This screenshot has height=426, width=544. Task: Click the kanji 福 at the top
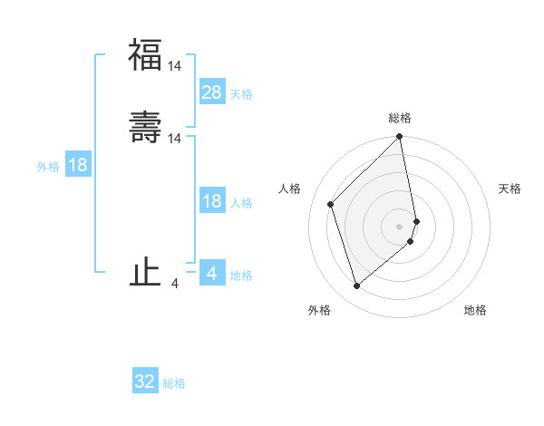145,54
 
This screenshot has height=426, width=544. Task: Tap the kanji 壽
145,127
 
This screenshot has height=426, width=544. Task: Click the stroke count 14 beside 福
175,65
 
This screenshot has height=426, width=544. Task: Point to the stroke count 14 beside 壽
175,138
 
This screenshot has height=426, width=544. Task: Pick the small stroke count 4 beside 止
175,284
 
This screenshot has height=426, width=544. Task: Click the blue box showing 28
212,92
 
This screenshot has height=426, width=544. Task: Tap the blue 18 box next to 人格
212,201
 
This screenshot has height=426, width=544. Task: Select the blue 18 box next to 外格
78,165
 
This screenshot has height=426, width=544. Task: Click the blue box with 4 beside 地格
212,273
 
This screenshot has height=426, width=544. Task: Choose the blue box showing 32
145,382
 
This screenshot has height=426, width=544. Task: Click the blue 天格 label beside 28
241,93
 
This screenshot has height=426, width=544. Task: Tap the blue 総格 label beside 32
174,383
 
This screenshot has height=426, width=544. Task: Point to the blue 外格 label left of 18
48,167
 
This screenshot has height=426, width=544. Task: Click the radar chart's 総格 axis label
400,118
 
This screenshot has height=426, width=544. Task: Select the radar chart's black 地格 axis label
475,310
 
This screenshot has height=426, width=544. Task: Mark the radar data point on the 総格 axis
400,138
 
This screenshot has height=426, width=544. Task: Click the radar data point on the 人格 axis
331,204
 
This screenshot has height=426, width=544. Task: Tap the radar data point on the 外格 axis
356,286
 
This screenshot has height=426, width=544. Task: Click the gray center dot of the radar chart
400,226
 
